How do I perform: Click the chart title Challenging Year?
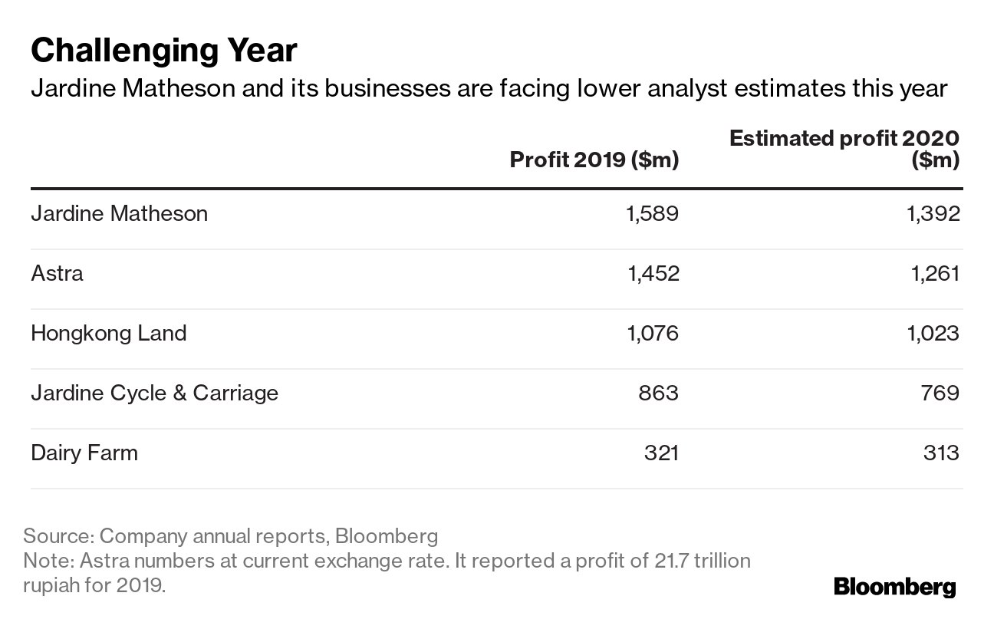[x=163, y=51]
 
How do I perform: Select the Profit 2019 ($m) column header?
[x=594, y=160]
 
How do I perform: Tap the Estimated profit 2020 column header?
[x=844, y=149]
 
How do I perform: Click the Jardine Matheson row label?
[x=119, y=213]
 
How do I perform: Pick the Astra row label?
[x=57, y=273]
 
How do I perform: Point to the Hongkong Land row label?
[x=108, y=333]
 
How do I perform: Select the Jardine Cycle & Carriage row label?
[x=154, y=393]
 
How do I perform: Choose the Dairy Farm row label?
[x=84, y=453]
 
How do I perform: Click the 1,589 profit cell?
[x=653, y=213]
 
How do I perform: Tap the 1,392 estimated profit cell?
[x=933, y=213]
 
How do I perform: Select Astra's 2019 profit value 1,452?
[x=653, y=273]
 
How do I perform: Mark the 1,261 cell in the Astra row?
[x=933, y=273]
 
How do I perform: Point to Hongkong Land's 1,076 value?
[x=653, y=333]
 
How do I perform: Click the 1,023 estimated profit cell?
[x=933, y=333]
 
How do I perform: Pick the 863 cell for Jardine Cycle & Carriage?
[x=659, y=393]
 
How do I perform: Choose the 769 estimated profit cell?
[x=940, y=393]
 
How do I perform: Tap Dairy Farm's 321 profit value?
[x=661, y=453]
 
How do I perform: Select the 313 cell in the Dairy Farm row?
[x=941, y=453]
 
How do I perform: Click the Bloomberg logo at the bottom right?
[x=894, y=588]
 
